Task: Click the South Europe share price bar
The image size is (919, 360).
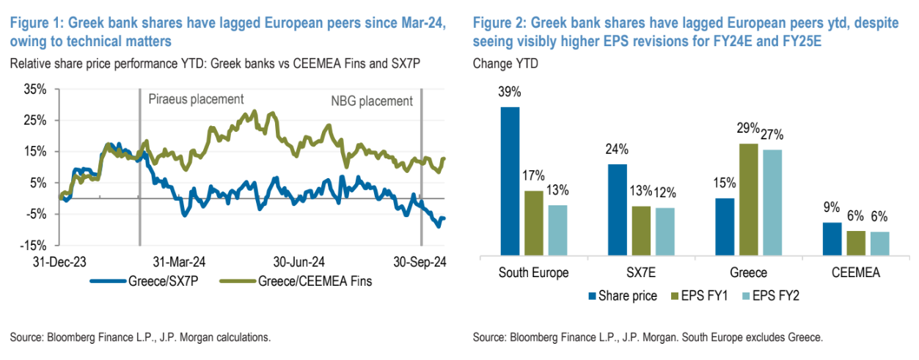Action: (510, 181)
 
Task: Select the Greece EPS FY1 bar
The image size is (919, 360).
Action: (728, 199)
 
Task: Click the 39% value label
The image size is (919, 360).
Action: (510, 93)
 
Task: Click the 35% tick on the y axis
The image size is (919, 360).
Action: (34, 89)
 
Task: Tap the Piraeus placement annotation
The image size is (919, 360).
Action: (196, 99)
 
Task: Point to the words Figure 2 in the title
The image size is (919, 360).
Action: (499, 24)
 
